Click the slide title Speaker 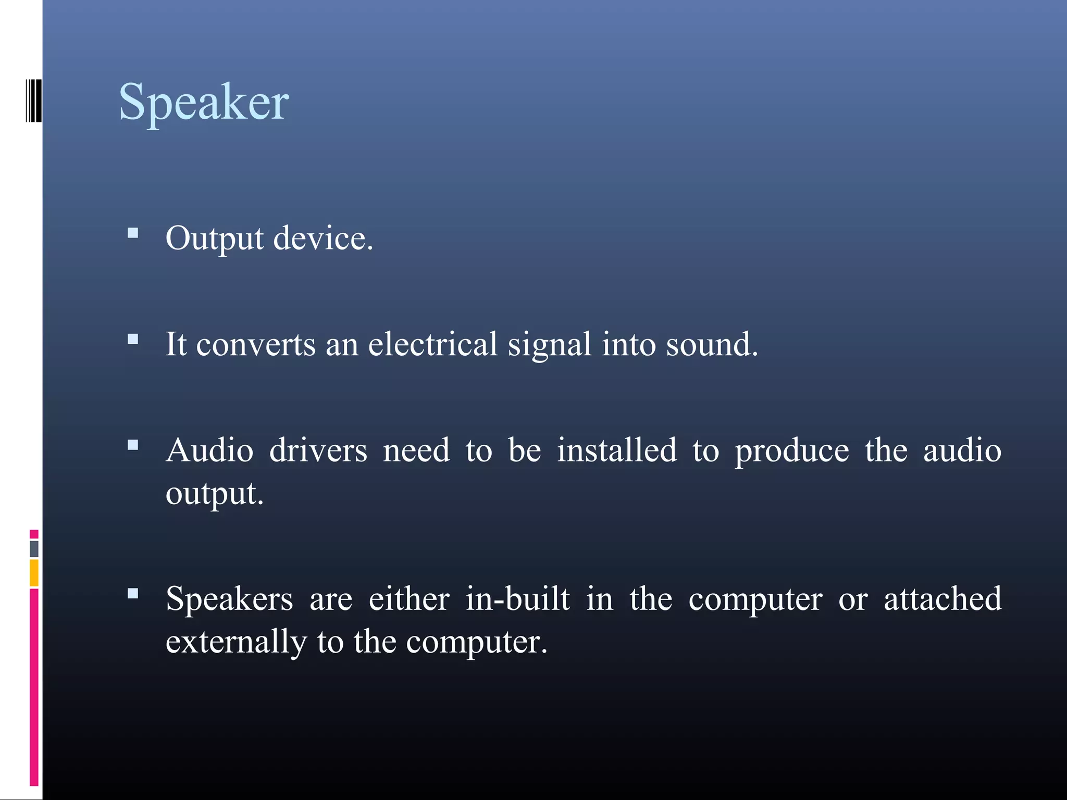tap(204, 102)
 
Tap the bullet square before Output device tap(133, 233)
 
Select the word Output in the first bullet tap(215, 239)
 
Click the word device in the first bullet tap(323, 238)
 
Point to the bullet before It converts tap(133, 340)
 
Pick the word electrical tap(433, 344)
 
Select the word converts tap(256, 345)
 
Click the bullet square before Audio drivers tap(133, 445)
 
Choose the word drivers tap(318, 451)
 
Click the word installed tap(617, 451)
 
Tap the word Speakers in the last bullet tap(229, 599)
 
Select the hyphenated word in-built tap(518, 598)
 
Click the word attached tap(942, 598)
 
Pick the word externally tap(236, 642)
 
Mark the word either tap(409, 598)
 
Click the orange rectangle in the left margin tap(34, 573)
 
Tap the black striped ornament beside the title tap(34, 101)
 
